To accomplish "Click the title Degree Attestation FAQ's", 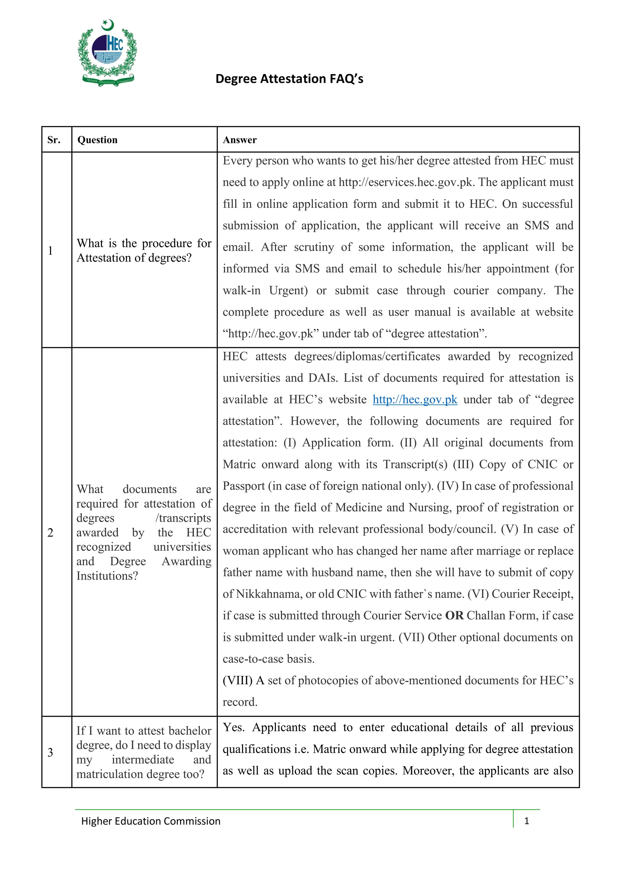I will pyautogui.click(x=289, y=79).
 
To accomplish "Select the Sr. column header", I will pyautogui.click(x=54, y=140).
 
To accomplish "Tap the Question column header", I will pyautogui.click(x=97, y=140).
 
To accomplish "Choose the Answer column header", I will pyautogui.click(x=240, y=140).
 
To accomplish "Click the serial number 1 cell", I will pyautogui.click(x=50, y=250).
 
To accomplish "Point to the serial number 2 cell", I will pyautogui.click(x=50, y=532).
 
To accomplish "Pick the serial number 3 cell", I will pyautogui.click(x=50, y=752).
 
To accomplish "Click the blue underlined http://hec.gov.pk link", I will pyautogui.click(x=415, y=399).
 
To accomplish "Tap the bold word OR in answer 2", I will pyautogui.click(x=454, y=615).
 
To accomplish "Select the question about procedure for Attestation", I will pyautogui.click(x=144, y=250).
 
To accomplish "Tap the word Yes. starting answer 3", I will pyautogui.click(x=233, y=727).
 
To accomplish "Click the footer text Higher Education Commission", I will pyautogui.click(x=151, y=821).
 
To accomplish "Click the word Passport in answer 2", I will pyautogui.click(x=244, y=486).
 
